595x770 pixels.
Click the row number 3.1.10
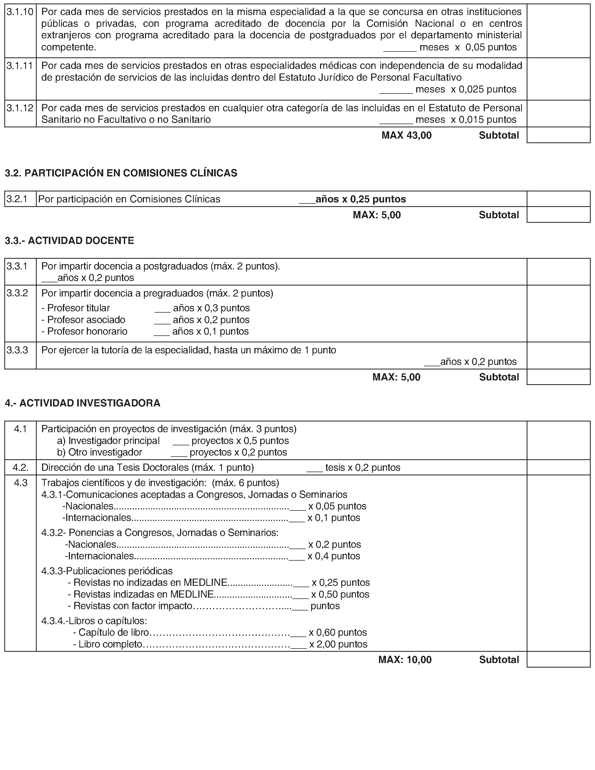(x=20, y=12)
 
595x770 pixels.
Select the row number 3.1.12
(x=20, y=108)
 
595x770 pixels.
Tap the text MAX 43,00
(x=406, y=135)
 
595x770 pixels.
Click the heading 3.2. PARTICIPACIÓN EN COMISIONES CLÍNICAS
(x=121, y=173)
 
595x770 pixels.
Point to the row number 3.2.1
(x=17, y=199)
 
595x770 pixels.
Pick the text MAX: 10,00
(x=405, y=660)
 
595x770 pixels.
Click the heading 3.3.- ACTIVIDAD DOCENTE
(x=69, y=241)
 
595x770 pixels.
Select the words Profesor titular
(x=78, y=308)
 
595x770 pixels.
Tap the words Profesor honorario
(x=87, y=331)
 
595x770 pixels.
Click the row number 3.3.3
(x=17, y=350)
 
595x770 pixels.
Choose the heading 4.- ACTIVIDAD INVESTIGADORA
(x=83, y=403)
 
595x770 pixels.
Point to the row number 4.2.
(x=20, y=468)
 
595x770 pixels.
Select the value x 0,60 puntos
(x=338, y=632)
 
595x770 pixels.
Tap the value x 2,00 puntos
(x=338, y=644)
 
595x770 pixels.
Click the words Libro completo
(x=110, y=644)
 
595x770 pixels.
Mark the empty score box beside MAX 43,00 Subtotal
(x=558, y=135)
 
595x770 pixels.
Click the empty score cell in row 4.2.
(x=558, y=468)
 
